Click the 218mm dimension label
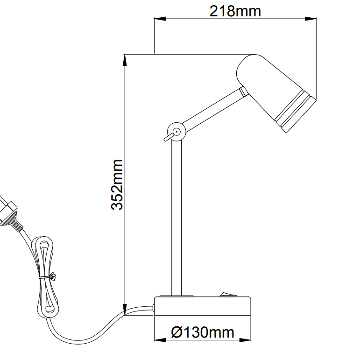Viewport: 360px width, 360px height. [235, 10]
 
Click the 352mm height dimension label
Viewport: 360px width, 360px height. [117, 185]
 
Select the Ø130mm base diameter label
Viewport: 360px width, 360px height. [203, 332]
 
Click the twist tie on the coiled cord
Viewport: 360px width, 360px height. [46, 277]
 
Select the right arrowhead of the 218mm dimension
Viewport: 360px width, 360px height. [310, 19]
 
